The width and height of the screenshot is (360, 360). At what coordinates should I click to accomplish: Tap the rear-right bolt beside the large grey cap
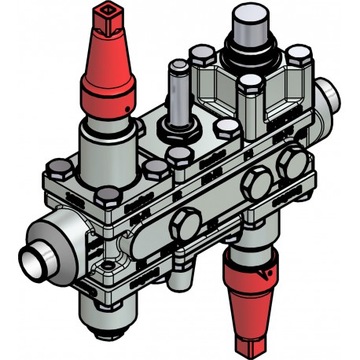296,57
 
